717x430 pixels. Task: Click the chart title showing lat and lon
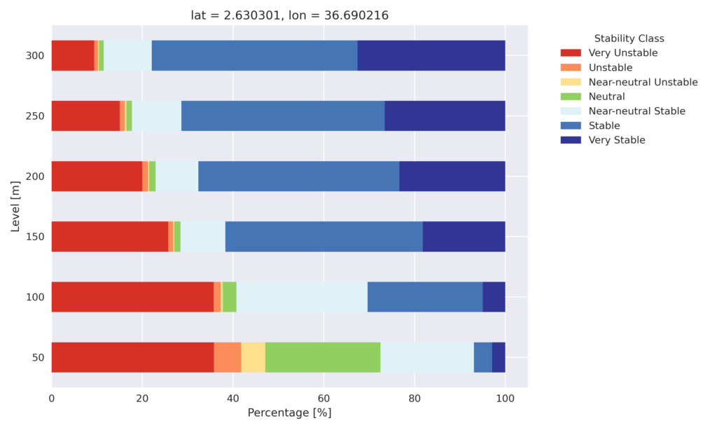tap(289, 15)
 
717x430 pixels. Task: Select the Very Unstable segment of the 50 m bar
tap(132, 357)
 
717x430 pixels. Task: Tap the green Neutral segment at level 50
tap(323, 357)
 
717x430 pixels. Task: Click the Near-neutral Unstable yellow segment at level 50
tap(253, 357)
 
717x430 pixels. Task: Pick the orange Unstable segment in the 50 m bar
tap(228, 357)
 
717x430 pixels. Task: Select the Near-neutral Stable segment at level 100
tap(302, 297)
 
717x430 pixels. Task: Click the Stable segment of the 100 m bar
tap(425, 297)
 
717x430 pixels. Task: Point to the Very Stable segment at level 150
tap(464, 237)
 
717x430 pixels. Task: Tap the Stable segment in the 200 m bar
tap(298, 176)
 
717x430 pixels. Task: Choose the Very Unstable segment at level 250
tap(85, 116)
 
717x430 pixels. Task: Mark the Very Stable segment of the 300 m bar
tap(431, 56)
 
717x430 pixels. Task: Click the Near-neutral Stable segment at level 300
tap(127, 56)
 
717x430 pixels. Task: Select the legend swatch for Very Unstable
tap(571, 53)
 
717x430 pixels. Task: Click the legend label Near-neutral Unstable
tap(643, 82)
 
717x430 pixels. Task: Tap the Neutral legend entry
tap(606, 97)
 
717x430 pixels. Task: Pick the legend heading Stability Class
tap(629, 39)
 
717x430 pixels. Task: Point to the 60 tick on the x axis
tap(323, 398)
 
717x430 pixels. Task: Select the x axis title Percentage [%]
tap(289, 413)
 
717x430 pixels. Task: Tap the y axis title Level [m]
tap(15, 207)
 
